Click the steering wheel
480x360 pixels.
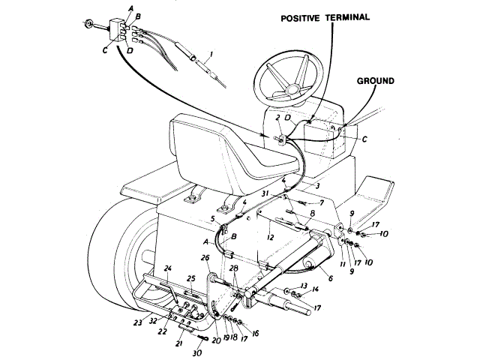(289, 79)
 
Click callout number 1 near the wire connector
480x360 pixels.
(211, 55)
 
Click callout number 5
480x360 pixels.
(214, 220)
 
